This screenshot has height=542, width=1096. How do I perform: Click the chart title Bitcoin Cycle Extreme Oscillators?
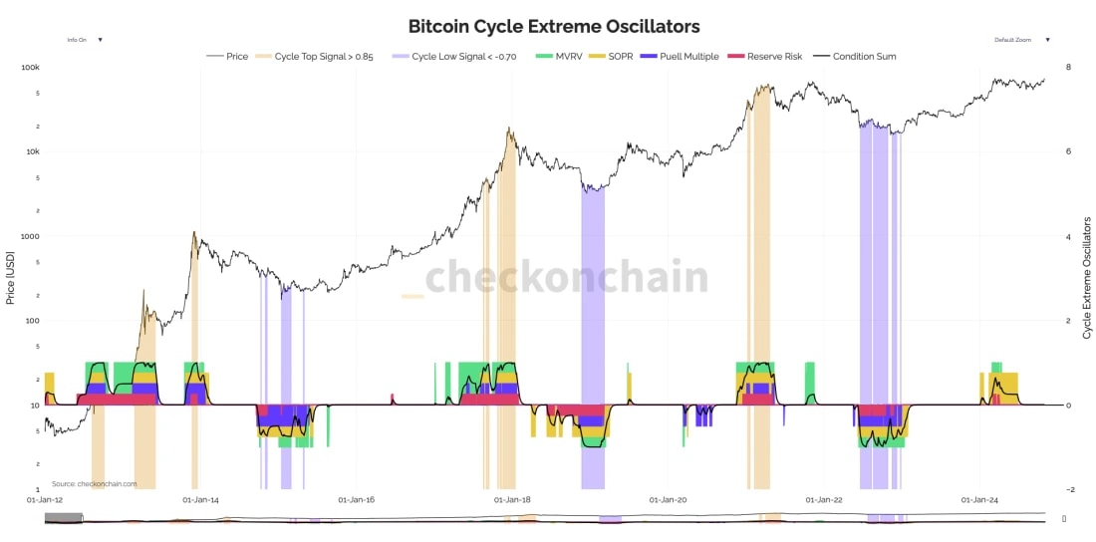click(554, 26)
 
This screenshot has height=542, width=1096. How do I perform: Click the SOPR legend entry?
click(620, 57)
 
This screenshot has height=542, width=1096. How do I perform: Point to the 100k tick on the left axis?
click(30, 68)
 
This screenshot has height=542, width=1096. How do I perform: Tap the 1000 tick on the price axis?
click(30, 236)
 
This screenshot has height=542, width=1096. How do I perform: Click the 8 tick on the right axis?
click(1068, 68)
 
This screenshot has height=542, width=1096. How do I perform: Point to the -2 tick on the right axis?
click(1069, 489)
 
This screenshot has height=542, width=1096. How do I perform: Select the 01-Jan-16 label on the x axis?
click(356, 499)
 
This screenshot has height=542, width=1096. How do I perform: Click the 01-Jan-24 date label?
click(979, 499)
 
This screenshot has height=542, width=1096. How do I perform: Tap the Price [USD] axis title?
click(11, 278)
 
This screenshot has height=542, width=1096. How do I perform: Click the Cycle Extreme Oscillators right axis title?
click(1087, 278)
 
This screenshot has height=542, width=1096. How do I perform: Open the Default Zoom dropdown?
click(1021, 40)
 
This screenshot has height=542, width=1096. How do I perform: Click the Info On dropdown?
click(84, 40)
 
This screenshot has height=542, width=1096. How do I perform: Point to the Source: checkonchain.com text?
click(95, 484)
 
